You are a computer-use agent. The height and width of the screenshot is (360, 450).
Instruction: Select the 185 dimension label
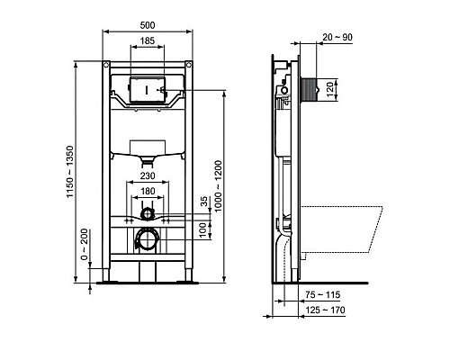pyautogui.click(x=147, y=41)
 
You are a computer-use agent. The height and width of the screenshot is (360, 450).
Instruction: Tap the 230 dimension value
pyautogui.click(x=147, y=178)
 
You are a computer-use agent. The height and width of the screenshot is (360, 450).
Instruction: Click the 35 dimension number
pyautogui.click(x=203, y=202)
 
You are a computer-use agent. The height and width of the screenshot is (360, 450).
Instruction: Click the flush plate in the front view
pyautogui.click(x=147, y=90)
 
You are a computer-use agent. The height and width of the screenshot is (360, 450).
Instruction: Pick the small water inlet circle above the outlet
pyautogui.click(x=147, y=214)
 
